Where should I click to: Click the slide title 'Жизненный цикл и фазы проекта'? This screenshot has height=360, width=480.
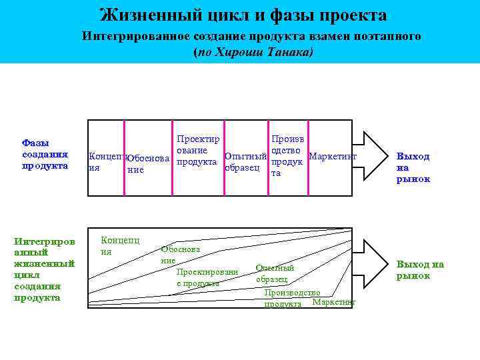click(x=243, y=15)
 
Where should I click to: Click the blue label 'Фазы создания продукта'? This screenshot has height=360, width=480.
click(x=45, y=154)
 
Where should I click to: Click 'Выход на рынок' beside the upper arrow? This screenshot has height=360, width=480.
click(x=413, y=167)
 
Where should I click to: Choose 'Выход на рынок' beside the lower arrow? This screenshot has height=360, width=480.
click(x=420, y=270)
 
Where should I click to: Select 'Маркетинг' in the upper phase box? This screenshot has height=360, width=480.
click(x=334, y=156)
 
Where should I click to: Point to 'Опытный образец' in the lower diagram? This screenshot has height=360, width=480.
click(x=274, y=273)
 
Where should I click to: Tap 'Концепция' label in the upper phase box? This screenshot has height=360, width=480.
click(x=105, y=162)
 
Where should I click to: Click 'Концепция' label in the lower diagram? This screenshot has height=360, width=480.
click(x=119, y=245)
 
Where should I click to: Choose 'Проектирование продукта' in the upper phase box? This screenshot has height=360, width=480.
click(x=197, y=150)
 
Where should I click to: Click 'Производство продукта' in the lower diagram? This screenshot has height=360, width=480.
click(x=291, y=298)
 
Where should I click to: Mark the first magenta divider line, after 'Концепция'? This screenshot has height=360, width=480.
click(x=125, y=158)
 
